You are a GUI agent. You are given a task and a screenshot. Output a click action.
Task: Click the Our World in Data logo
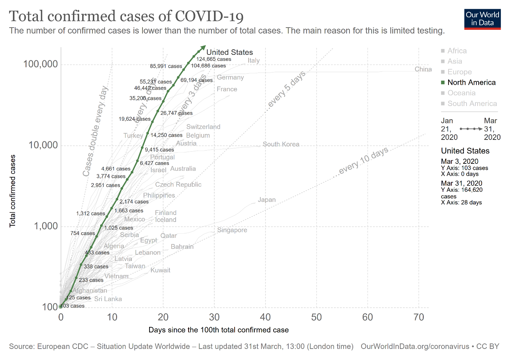(482, 19)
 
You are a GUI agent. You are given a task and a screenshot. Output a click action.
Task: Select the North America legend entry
(471, 82)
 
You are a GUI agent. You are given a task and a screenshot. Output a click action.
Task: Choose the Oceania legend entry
(461, 93)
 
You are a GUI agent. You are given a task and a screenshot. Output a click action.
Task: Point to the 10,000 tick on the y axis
(43, 145)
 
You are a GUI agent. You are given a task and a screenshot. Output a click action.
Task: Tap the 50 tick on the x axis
(316, 317)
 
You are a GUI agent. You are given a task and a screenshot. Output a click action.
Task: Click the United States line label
(229, 52)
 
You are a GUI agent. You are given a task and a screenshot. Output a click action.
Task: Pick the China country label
(423, 69)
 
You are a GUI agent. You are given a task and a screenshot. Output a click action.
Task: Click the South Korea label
(281, 144)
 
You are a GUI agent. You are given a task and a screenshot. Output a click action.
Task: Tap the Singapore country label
(232, 230)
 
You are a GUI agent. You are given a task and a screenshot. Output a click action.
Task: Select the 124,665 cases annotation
(214, 59)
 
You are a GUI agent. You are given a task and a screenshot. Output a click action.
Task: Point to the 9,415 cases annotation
(159, 150)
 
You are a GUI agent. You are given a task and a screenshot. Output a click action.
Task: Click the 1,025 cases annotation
(119, 228)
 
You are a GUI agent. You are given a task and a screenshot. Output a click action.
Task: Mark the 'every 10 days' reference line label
(363, 160)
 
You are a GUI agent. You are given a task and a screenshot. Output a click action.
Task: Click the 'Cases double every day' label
(95, 131)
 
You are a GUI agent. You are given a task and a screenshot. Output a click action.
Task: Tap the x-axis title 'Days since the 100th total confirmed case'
(218, 330)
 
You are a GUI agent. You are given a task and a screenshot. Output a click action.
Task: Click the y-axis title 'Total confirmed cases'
(13, 191)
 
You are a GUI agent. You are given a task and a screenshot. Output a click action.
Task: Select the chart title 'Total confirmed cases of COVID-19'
(126, 16)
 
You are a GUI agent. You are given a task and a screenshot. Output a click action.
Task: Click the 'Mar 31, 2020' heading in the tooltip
(461, 183)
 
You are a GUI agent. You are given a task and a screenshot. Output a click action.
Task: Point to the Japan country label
(267, 200)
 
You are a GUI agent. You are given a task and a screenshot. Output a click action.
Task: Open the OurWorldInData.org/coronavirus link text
(415, 346)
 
